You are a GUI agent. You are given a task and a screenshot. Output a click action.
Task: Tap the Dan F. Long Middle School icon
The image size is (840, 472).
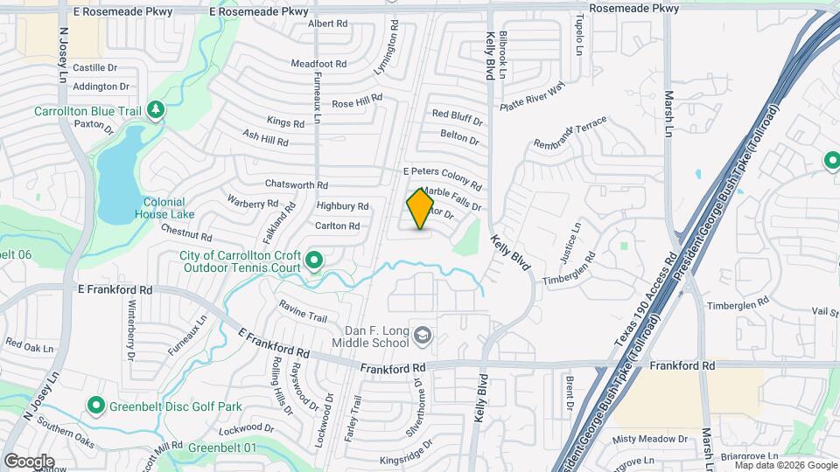[423, 336]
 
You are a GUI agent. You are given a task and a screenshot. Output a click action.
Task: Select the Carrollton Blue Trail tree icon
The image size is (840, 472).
[156, 109]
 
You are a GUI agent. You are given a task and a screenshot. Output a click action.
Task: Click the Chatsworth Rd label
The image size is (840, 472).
[297, 185]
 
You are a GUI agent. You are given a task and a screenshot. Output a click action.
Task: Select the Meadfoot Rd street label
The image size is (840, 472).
[318, 65]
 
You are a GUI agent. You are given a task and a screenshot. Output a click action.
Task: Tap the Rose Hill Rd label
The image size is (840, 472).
[357, 102]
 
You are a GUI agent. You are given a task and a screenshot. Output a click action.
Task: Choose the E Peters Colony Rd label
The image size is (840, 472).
[442, 179]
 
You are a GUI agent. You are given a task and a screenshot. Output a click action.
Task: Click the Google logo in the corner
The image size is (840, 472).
[29, 462]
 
